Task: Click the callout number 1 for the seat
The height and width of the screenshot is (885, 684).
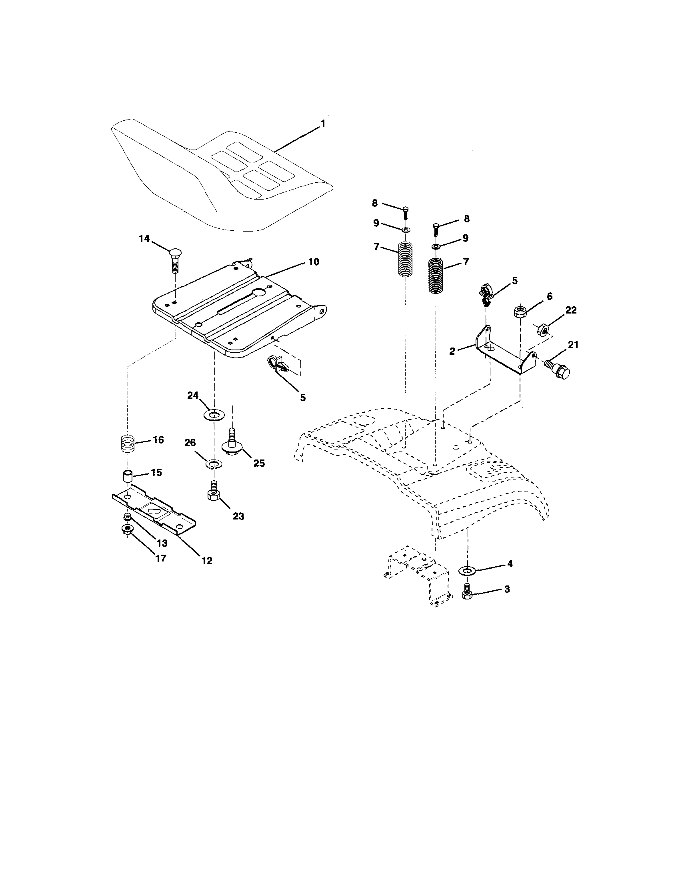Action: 322,124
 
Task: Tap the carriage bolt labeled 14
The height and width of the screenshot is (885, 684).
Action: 174,259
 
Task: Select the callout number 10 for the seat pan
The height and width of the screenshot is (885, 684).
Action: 314,262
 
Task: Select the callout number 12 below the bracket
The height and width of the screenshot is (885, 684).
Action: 207,560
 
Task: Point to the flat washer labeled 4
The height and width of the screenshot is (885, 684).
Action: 467,571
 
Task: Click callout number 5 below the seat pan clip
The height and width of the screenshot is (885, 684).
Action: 303,398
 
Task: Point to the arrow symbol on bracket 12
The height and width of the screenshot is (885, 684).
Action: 154,511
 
